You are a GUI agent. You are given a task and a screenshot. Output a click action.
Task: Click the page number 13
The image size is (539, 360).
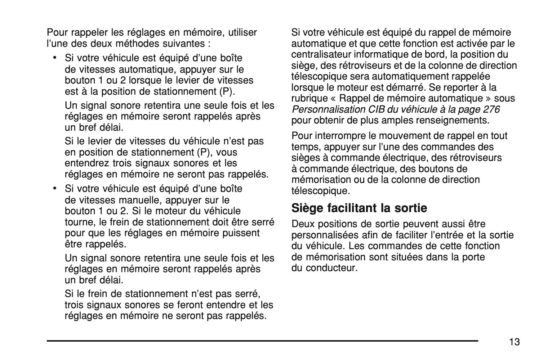pyautogui.click(x=514, y=342)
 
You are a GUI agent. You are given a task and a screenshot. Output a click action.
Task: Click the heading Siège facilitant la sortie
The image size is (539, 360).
pyautogui.click(x=359, y=208)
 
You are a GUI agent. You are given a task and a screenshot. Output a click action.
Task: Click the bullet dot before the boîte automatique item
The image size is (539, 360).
pyautogui.click(x=54, y=57)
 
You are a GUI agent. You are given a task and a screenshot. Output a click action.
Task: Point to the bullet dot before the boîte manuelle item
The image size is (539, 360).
pyautogui.click(x=54, y=188)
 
